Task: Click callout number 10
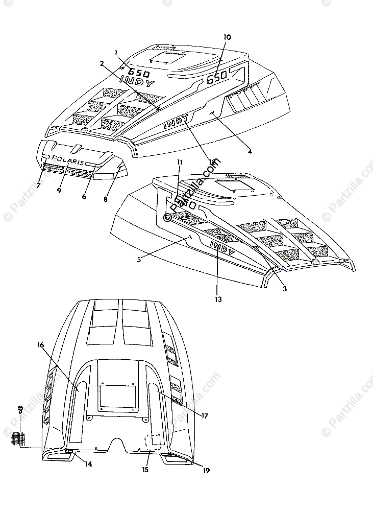click(227, 37)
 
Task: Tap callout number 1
click(116, 53)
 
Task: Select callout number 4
click(250, 151)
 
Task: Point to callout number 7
click(39, 186)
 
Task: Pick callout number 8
click(106, 199)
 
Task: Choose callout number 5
click(139, 259)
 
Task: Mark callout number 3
click(285, 289)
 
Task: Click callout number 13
click(218, 299)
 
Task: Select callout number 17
click(205, 415)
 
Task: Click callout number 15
click(146, 469)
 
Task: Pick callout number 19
click(207, 471)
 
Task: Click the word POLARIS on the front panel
click(68, 161)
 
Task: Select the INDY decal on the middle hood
click(222, 249)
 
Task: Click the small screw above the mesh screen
click(20, 409)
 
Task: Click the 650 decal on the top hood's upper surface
click(139, 73)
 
